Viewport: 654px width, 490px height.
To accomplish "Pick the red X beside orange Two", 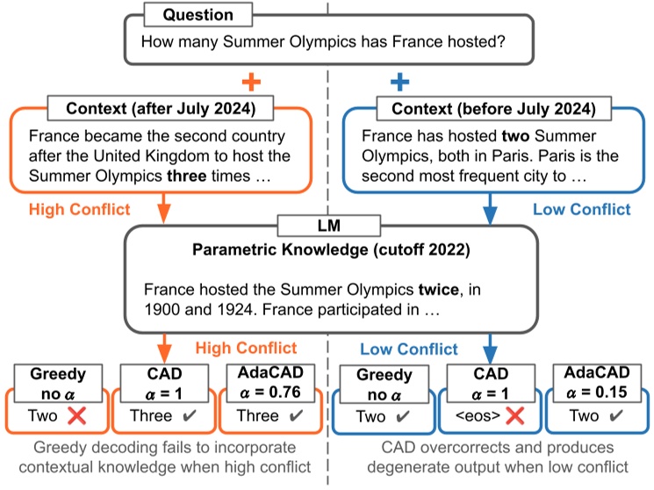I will (77, 416).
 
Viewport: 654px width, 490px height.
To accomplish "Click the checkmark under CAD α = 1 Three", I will (189, 416).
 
